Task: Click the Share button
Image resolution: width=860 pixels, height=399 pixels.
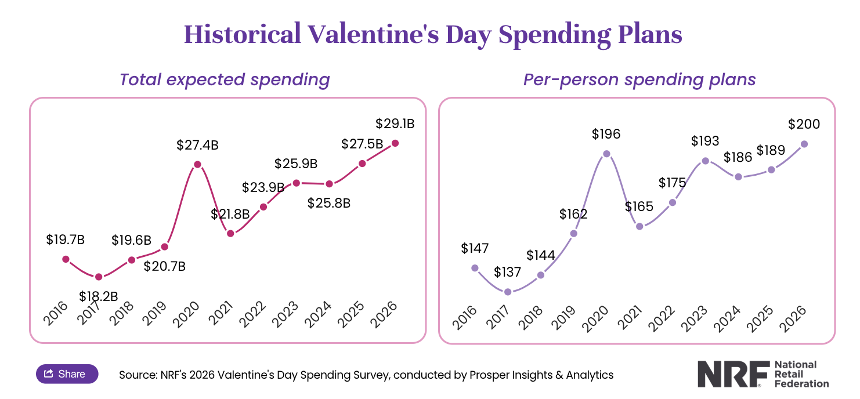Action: click(67, 374)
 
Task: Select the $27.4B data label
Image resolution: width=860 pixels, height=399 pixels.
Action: click(197, 145)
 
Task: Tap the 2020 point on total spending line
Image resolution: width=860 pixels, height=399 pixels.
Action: click(197, 164)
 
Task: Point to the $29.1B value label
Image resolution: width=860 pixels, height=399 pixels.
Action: click(395, 124)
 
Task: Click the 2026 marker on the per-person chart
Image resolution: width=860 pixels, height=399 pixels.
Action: click(804, 144)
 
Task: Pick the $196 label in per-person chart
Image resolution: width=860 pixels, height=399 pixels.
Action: click(606, 134)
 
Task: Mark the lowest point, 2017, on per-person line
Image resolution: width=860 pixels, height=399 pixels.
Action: click(508, 292)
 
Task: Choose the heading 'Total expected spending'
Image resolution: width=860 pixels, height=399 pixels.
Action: click(225, 79)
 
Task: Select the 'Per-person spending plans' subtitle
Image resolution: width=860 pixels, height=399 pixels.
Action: click(639, 79)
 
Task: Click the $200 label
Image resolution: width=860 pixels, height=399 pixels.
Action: click(804, 124)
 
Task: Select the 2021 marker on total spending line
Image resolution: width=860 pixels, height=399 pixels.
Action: click(230, 233)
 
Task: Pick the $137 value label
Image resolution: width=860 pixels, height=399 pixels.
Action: click(508, 272)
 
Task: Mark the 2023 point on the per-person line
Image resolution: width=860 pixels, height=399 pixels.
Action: click(705, 161)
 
